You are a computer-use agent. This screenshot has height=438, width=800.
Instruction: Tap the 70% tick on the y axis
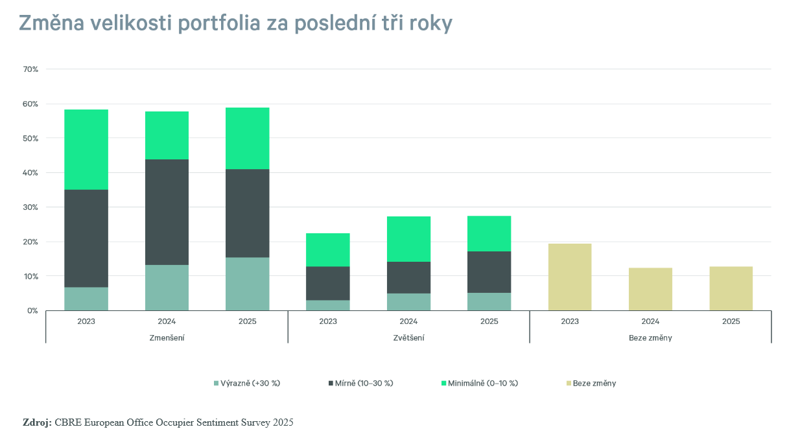tap(30, 69)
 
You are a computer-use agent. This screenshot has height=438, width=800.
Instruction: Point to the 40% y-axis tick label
tap(30, 173)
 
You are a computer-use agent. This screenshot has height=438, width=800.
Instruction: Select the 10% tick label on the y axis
tap(30, 276)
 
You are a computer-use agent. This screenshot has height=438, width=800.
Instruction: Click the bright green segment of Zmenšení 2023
tap(86, 150)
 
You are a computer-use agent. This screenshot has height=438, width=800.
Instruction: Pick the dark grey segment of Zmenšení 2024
tap(167, 212)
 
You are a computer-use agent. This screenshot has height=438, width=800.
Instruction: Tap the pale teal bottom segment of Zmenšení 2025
tap(247, 284)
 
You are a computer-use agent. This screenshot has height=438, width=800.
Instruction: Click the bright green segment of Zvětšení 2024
tap(408, 238)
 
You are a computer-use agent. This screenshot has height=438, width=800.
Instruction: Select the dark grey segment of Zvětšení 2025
tap(489, 272)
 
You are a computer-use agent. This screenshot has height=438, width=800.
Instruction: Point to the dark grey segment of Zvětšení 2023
tap(328, 283)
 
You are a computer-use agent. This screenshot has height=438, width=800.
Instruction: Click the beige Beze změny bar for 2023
tap(570, 277)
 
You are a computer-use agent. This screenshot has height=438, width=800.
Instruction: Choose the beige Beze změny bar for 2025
tap(731, 288)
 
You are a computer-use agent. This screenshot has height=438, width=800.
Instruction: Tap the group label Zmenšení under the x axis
tap(167, 338)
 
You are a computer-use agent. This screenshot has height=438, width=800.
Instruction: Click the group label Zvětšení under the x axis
tap(408, 338)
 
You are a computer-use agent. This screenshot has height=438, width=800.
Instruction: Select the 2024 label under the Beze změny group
tap(650, 321)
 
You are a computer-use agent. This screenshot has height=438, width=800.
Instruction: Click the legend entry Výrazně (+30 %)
tap(250, 383)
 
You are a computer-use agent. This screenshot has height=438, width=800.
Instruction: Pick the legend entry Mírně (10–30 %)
tap(364, 383)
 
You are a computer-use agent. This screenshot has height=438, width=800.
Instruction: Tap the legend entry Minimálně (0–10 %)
tap(482, 383)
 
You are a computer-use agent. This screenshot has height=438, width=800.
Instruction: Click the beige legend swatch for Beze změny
tap(568, 384)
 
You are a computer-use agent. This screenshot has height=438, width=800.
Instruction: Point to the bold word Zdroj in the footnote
tap(37, 422)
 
